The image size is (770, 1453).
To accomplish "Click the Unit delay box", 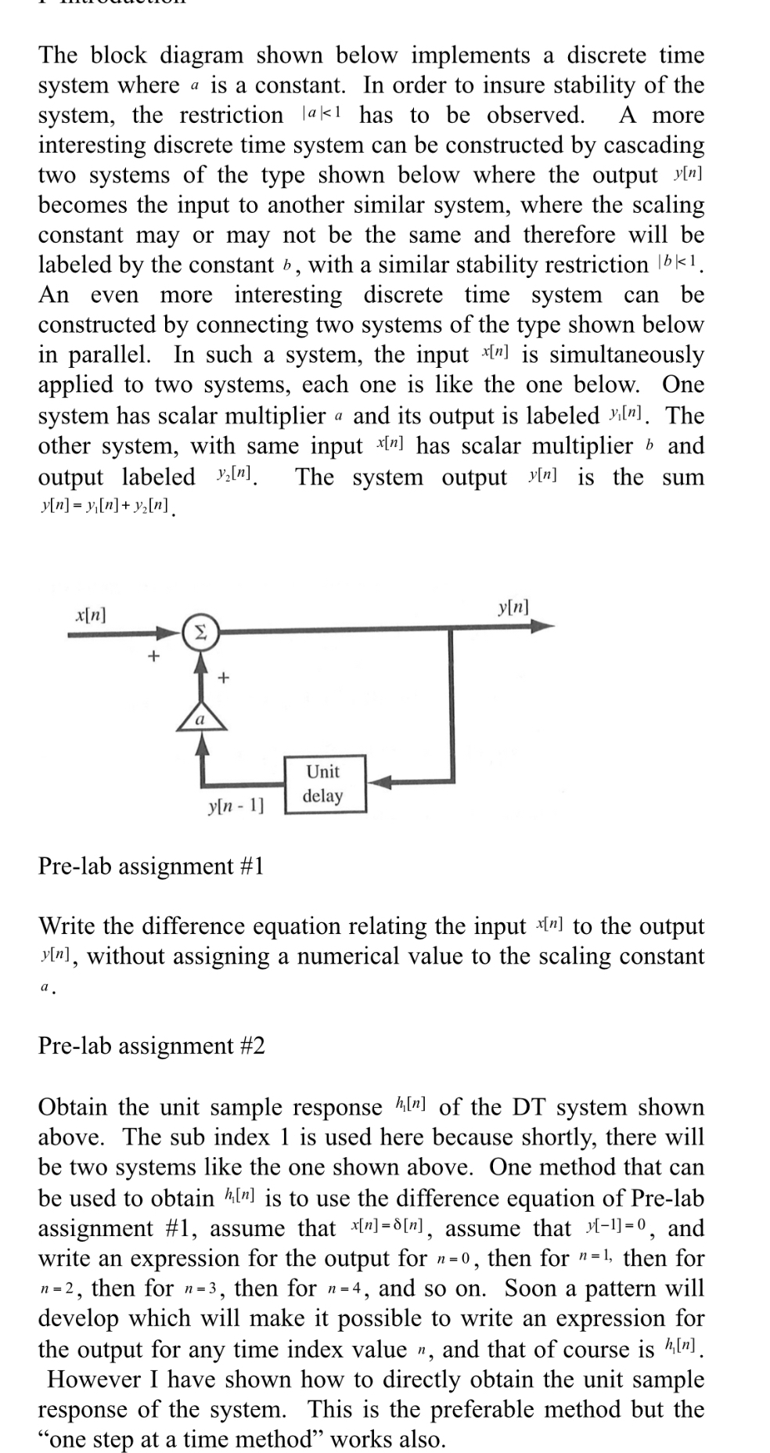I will [324, 784].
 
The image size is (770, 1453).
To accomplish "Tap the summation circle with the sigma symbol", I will [200, 633].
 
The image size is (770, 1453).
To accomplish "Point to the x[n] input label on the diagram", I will [91, 615].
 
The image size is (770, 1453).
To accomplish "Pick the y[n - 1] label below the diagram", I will [236, 804].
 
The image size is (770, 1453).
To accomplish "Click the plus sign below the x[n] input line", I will [154, 655].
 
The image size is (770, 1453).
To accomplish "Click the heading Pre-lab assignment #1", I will [151, 867].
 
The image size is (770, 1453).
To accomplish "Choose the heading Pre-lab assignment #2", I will [151, 1046].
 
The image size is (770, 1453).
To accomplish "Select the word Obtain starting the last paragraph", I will [74, 1107].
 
